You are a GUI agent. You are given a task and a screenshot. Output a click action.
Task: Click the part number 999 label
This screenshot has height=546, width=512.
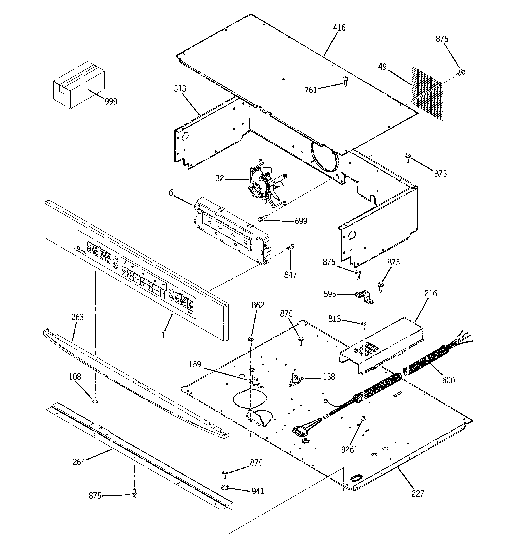click(x=111, y=102)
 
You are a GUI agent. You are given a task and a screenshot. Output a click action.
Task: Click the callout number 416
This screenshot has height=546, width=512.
click(x=339, y=28)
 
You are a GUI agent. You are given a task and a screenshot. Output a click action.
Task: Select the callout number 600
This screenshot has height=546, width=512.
click(x=448, y=380)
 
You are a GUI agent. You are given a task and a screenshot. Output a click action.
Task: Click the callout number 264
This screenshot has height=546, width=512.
click(x=79, y=462)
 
